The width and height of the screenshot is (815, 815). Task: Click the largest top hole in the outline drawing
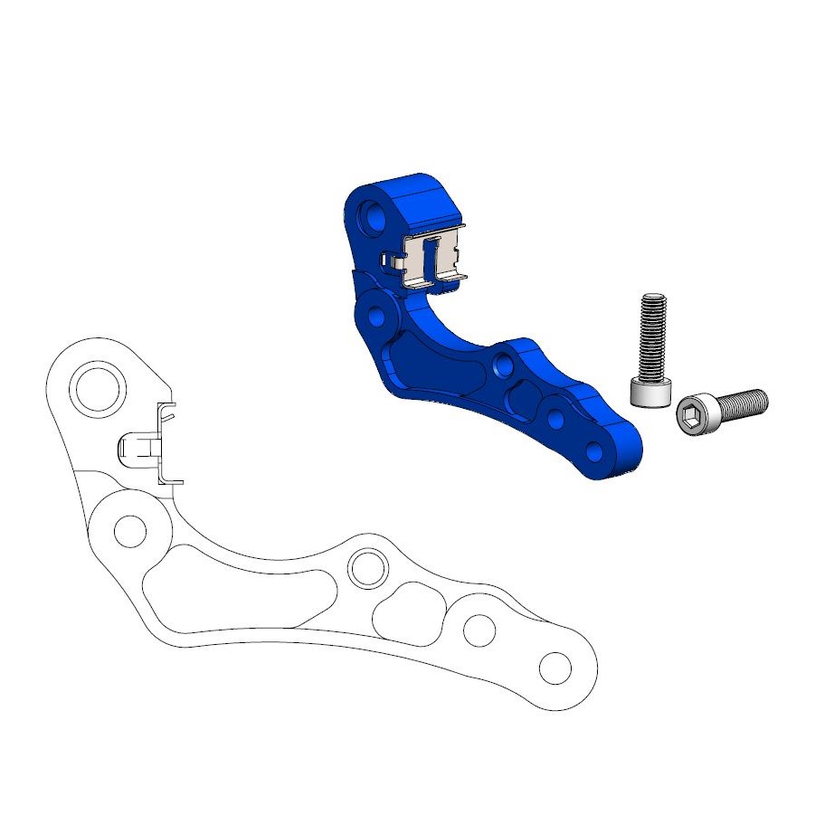(x=99, y=388)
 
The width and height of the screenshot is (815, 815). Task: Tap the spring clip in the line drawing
(x=149, y=445)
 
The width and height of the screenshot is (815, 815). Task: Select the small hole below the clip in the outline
(x=130, y=529)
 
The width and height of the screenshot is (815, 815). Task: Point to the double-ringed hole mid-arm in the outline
(x=367, y=567)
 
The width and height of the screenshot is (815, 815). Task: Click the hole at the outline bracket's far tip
(x=554, y=669)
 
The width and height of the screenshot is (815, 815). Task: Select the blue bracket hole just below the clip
(x=375, y=317)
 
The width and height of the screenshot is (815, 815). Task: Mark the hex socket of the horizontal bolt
(x=693, y=412)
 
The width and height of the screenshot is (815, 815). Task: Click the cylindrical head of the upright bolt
(x=651, y=393)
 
